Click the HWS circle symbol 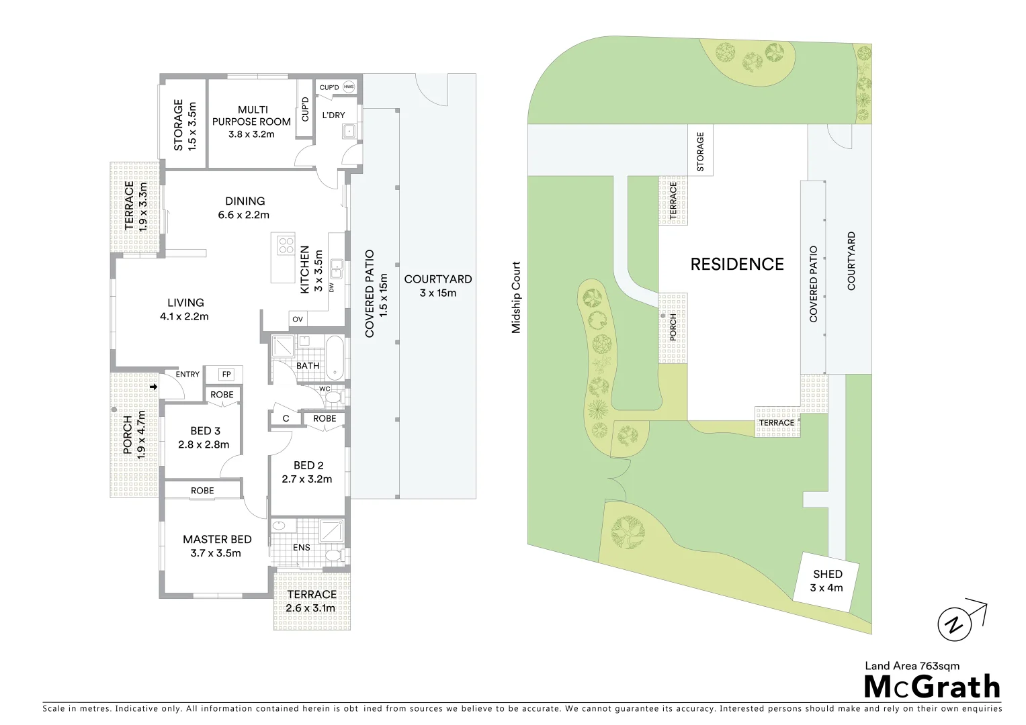click(x=349, y=87)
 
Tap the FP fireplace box click(x=226, y=375)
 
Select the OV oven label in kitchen click(x=297, y=319)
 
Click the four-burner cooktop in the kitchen click(x=286, y=244)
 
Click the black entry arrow click(x=154, y=387)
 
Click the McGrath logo click(x=931, y=687)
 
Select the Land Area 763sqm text click(x=912, y=666)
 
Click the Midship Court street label click(x=516, y=297)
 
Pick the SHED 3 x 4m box click(x=826, y=581)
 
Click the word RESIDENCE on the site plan click(x=737, y=264)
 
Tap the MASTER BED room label click(x=217, y=539)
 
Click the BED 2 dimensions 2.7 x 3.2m click(x=307, y=479)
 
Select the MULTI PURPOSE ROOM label click(x=251, y=115)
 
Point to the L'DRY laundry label click(x=333, y=115)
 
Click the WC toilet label click(x=325, y=389)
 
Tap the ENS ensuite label click(x=302, y=547)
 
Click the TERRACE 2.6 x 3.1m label click(x=311, y=601)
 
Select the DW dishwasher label click(x=331, y=287)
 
